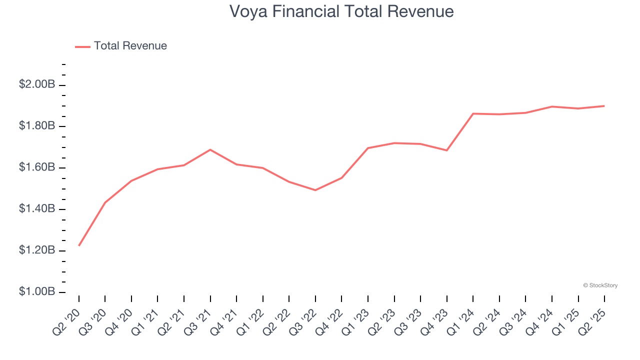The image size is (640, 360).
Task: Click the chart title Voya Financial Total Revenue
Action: pos(341,11)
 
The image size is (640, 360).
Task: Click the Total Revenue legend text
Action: pos(130,46)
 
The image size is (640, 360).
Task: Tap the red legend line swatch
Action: pos(82,46)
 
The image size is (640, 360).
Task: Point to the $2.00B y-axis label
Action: pos(37,84)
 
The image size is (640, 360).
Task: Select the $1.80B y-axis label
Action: pos(37,126)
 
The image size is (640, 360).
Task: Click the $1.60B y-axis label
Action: pos(37,167)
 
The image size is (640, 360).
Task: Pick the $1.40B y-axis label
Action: pos(37,208)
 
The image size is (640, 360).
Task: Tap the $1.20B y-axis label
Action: pos(37,250)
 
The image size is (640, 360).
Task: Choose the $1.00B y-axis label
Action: pos(37,291)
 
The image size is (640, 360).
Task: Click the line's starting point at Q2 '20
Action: pos(79,245)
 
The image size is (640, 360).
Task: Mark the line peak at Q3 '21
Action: pos(210,149)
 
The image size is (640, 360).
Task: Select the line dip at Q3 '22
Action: pos(315,190)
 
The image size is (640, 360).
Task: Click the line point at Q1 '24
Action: pos(473,113)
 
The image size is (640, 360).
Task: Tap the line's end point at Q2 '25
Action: pos(604,106)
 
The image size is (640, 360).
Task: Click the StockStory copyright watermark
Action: pos(600,285)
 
